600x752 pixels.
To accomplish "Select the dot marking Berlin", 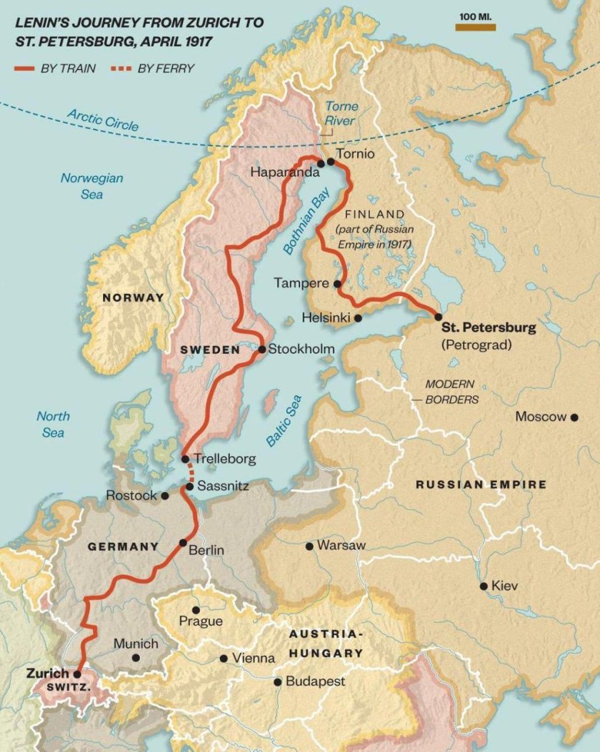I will pos(183,542).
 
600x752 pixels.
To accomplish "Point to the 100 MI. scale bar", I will pos(476,27).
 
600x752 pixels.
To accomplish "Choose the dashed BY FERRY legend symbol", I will pos(120,68).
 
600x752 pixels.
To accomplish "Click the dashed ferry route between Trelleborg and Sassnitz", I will pos(190,472).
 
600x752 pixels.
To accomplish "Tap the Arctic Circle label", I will pos(103,119).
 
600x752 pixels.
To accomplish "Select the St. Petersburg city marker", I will pos(438,316).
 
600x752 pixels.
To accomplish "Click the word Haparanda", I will pos(283,172).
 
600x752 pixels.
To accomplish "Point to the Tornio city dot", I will pos(330,162).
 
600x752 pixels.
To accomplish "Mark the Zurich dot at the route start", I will pos(76,673).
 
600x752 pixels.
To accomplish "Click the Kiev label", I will pos(505,586).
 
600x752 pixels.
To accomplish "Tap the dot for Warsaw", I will pos(309,546).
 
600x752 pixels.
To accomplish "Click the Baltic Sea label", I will pos(284,420).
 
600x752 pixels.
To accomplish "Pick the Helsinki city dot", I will pos(358,318).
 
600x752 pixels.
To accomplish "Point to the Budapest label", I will pos(315,681).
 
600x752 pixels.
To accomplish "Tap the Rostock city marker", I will pos(165,495).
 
